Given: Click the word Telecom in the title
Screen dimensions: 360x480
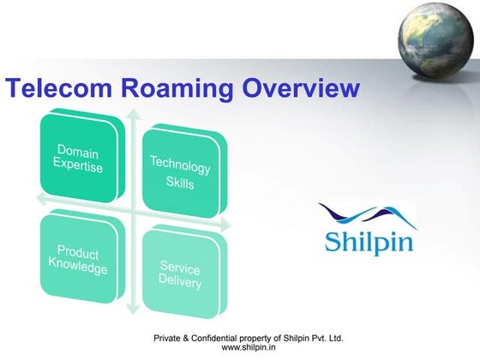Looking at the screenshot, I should (x=52, y=88).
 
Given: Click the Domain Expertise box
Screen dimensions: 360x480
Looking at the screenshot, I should (x=81, y=160).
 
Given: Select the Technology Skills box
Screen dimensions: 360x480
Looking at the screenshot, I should (x=179, y=171).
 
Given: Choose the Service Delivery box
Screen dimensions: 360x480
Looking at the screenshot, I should (x=181, y=275).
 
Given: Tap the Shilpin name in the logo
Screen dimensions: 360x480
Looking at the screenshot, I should (x=369, y=239).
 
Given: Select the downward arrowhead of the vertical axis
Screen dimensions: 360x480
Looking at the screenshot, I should (x=130, y=313).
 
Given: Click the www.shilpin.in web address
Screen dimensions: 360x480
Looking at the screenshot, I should (x=248, y=348).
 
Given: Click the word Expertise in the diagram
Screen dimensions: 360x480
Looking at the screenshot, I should (x=78, y=167).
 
